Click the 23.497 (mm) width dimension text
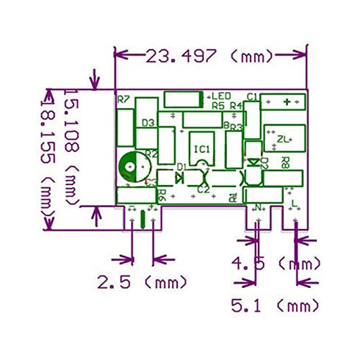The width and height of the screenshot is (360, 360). point(209,56)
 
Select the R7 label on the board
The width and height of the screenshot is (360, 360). point(123,99)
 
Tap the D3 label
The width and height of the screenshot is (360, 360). point(147,123)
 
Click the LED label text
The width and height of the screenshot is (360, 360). point(222,96)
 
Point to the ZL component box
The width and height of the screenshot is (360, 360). point(284,137)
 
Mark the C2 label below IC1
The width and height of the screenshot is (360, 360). point(203,190)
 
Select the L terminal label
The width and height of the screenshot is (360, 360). point(294,203)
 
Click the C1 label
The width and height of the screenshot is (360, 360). point(251,96)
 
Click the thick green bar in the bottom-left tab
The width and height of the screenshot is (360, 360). point(142,217)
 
